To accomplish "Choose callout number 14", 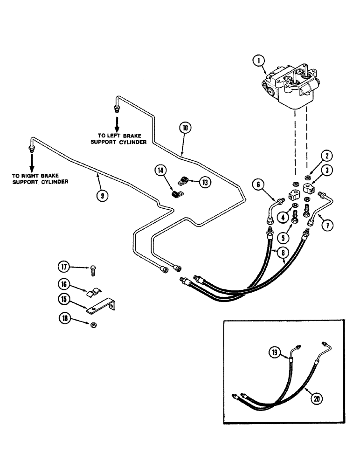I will pyautogui.click(x=161, y=171).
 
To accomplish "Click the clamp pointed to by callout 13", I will pyautogui.click(x=184, y=179).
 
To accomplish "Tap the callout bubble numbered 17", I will pyautogui.click(x=63, y=267).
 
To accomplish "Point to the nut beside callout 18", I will pyautogui.click(x=93, y=323).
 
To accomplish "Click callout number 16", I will pyautogui.click(x=63, y=284).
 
